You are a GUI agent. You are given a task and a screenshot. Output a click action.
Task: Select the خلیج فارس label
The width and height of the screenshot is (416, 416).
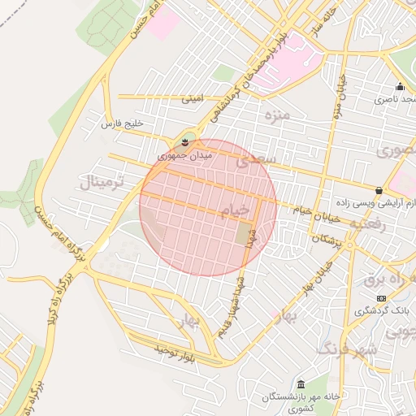tap(121, 123)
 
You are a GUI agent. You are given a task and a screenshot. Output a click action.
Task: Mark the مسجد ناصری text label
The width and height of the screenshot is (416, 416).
tap(394, 100)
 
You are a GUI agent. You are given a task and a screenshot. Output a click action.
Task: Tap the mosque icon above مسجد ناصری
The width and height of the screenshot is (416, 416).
tap(399, 87)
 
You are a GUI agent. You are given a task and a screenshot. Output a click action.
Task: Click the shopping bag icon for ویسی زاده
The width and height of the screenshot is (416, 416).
tap(379, 190)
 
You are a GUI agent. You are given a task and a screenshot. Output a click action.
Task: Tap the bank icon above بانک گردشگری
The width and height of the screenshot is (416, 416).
tap(382, 298)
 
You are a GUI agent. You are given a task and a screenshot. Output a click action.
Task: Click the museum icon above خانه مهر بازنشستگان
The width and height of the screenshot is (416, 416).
tap(301, 383)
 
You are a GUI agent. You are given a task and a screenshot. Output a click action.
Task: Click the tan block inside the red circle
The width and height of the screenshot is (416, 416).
tap(245, 234)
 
